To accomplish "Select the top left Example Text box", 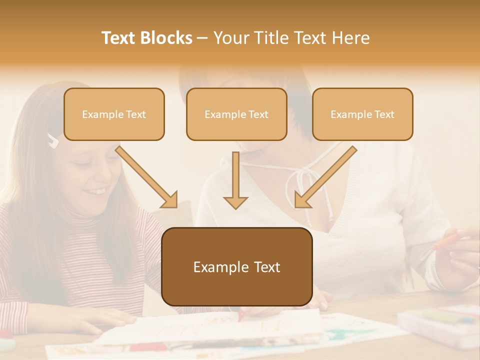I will coord(114,114).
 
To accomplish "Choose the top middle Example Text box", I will coord(236,114).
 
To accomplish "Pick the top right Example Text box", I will coord(362,114).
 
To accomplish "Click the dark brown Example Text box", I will coord(236,266).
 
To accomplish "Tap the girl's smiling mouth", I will coord(98,191).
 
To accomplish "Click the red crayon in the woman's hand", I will coord(445,240).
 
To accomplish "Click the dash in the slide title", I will coord(202,38).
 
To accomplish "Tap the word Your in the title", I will coord(227,38).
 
